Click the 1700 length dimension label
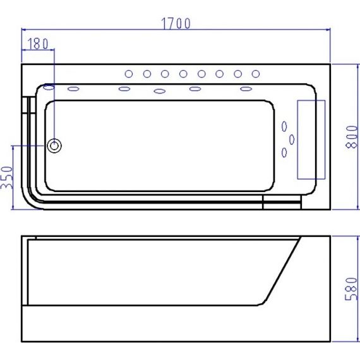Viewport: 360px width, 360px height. [176, 23]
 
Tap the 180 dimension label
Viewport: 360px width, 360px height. [38, 44]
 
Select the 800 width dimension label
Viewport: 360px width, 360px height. [352, 137]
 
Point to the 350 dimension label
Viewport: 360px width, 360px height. [7, 177]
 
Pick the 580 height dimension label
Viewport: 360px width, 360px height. [352, 289]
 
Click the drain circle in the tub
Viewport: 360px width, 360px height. [54, 146]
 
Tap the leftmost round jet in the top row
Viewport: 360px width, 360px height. [129, 74]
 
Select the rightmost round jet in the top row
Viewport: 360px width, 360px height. [256, 74]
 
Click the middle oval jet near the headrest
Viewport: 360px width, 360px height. [292, 140]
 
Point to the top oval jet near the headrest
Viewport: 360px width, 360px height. [284, 126]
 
